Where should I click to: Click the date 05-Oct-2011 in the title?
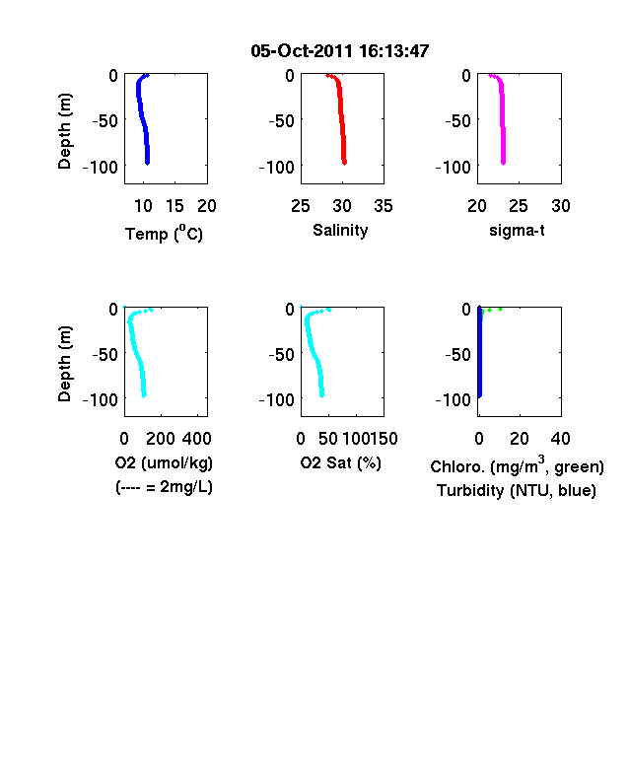[302, 51]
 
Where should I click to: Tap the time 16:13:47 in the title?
[393, 51]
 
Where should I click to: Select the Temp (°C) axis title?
[164, 233]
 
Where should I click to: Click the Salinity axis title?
[340, 231]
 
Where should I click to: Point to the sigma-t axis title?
[517, 231]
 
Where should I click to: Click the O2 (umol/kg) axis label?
[164, 462]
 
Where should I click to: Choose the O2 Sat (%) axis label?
[341, 462]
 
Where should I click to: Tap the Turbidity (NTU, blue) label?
[517, 491]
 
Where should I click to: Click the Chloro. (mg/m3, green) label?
[517, 465]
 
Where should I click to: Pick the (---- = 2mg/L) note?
[164, 487]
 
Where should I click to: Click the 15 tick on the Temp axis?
[175, 206]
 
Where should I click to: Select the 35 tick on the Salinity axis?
[384, 206]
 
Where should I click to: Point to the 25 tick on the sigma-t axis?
[519, 206]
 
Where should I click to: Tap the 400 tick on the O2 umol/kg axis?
[196, 439]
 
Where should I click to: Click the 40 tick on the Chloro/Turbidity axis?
[560, 439]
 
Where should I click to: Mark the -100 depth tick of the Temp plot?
[101, 167]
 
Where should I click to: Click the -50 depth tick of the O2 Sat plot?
[281, 354]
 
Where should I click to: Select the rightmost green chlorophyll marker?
[500, 310]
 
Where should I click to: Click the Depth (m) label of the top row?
[64, 131]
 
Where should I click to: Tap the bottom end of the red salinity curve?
[344, 162]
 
